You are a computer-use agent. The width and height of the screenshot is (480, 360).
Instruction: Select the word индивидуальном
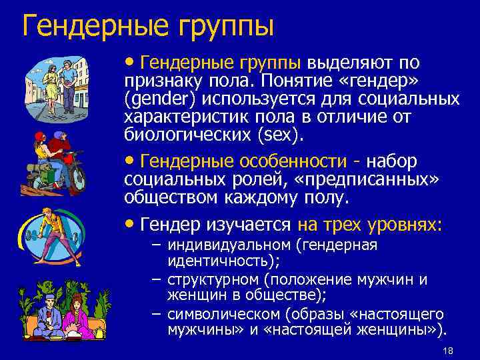click(x=232, y=245)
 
